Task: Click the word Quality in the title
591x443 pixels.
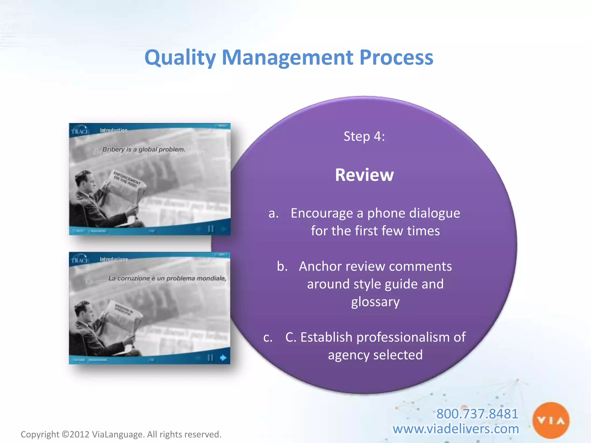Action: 180,57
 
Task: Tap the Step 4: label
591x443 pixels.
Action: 364,136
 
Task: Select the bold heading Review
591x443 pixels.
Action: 364,175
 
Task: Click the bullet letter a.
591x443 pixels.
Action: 273,213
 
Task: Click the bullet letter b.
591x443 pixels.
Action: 282,266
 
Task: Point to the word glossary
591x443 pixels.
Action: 375,302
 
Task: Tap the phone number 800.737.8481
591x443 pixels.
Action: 477,414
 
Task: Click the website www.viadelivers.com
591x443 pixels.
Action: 456,429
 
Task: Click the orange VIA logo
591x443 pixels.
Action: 551,420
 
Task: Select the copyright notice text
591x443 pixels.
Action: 121,434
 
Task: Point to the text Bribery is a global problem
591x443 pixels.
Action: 144,149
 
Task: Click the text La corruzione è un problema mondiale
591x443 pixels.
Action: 167,278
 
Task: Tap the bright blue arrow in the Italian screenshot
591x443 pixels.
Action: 223,358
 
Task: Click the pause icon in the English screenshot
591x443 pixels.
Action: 211,229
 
